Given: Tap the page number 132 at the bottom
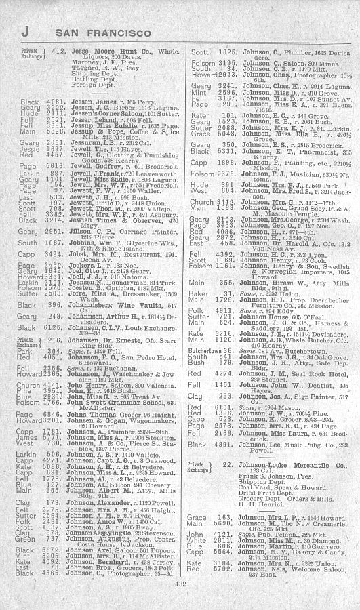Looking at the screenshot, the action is (180, 600).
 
